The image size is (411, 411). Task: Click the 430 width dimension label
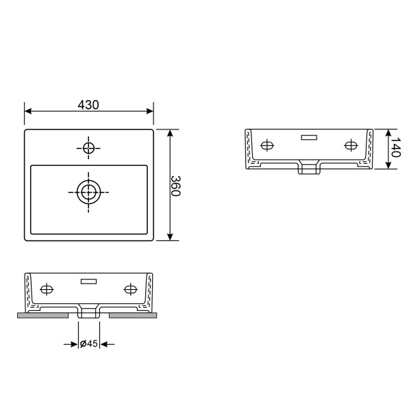pos(88,105)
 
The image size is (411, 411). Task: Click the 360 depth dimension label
pos(175,185)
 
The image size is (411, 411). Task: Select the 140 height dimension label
pos(395,148)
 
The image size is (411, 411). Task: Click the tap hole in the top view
pos(88,147)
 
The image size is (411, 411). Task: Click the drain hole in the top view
pos(88,192)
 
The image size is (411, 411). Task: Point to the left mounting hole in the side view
pos(266,145)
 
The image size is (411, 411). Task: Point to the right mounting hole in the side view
pos(351,145)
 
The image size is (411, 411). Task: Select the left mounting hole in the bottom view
pos(47,289)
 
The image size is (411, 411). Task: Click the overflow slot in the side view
pos(309,137)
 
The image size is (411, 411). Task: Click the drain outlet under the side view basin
pos(309,168)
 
